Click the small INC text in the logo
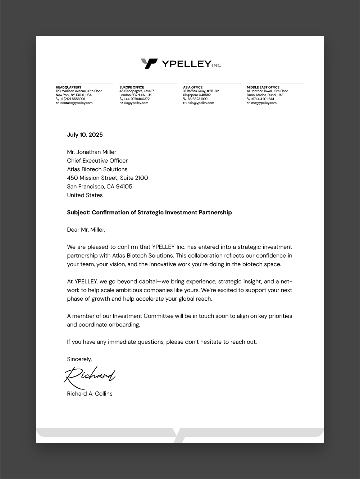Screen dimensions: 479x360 217,65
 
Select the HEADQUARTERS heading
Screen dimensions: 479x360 68,87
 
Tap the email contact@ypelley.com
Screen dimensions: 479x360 76,103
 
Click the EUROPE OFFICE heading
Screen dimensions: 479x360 132,87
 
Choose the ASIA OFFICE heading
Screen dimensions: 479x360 193,87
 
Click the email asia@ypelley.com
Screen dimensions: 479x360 200,103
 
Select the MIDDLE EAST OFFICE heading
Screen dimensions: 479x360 263,87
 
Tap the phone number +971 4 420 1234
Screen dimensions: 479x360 262,99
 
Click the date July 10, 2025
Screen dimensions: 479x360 85,135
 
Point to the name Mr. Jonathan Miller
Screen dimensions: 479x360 92,152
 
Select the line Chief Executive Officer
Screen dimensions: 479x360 97,161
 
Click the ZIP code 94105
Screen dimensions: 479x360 124,187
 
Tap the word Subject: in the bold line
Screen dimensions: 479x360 79,213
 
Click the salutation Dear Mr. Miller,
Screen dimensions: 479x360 86,230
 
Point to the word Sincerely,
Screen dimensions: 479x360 79,359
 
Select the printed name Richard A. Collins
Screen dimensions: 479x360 90,394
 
